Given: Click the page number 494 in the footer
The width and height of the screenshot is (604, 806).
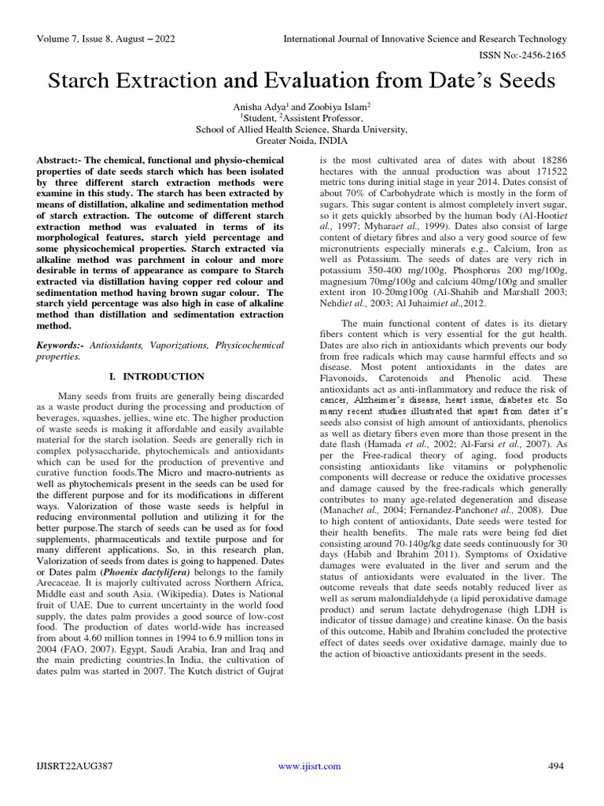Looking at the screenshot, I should pos(557,766).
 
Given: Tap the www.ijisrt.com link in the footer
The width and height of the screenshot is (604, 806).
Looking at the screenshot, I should pos(310,766).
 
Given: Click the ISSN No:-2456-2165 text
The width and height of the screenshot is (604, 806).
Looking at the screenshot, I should pos(521,56).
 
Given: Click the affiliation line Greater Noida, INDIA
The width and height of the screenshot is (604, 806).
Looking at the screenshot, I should pos(302,142).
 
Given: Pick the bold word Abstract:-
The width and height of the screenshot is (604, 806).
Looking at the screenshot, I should pos(62,161).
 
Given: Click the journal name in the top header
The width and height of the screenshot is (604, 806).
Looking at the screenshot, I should pos(424,39).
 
